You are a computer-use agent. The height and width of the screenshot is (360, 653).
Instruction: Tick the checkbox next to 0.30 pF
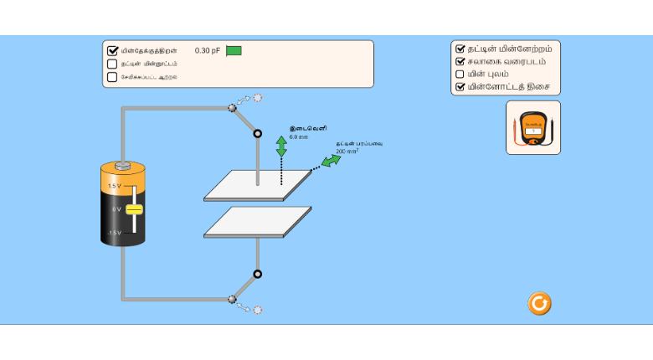point(113,50)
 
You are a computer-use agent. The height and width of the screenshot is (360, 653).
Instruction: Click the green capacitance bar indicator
point(234,50)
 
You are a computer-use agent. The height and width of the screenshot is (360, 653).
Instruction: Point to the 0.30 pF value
point(208,50)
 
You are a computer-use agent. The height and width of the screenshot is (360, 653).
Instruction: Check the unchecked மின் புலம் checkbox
point(460,74)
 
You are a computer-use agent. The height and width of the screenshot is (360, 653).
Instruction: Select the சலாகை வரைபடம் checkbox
point(460,61)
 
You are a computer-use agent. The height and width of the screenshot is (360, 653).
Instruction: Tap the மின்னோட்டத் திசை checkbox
point(460,86)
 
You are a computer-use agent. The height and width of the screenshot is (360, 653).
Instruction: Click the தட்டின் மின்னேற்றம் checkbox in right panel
point(460,49)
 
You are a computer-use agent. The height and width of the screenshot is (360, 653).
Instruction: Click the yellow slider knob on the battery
point(134,208)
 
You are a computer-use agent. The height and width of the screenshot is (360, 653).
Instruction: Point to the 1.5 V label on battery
point(115,186)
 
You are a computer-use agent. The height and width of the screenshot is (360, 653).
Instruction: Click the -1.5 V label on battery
point(115,232)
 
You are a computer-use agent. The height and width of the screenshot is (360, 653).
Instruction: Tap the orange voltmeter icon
point(532,128)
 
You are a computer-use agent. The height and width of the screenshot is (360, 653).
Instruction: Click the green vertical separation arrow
point(281,147)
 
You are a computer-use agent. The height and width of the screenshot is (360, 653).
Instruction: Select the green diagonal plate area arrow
point(332,160)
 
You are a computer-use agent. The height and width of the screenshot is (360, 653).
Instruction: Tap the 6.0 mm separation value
point(299,136)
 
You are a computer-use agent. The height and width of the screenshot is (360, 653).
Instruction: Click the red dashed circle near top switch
point(258,98)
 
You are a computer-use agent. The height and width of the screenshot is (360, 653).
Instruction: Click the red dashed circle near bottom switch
point(258,310)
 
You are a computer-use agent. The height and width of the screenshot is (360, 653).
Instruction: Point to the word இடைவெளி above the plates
point(302,128)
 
